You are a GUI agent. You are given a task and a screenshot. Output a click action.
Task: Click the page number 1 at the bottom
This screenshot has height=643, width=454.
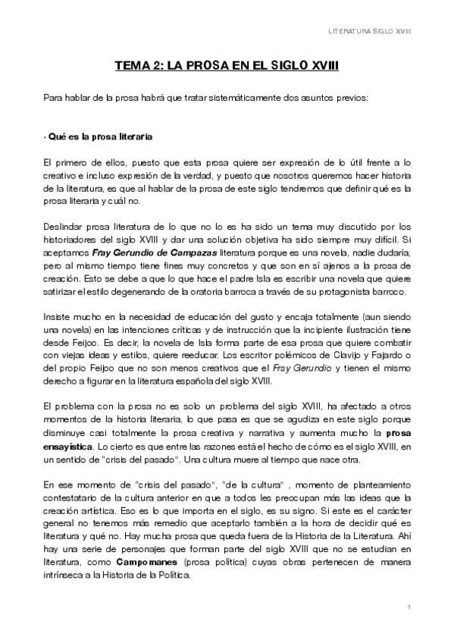coord(408,607)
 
